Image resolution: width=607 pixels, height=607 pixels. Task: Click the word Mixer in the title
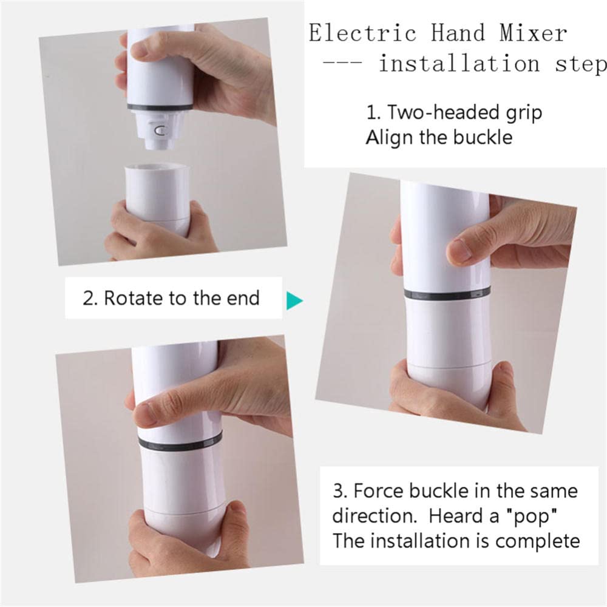533,33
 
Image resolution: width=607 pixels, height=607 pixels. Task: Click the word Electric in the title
362,33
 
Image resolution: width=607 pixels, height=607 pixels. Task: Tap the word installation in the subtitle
459,63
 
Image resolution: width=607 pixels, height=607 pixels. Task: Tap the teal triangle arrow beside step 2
294,301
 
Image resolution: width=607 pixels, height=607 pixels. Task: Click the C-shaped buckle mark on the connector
159,131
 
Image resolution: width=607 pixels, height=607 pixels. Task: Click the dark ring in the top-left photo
160,107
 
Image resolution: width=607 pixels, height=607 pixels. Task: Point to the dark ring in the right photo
447,294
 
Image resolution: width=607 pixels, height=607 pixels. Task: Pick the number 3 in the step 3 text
338,491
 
